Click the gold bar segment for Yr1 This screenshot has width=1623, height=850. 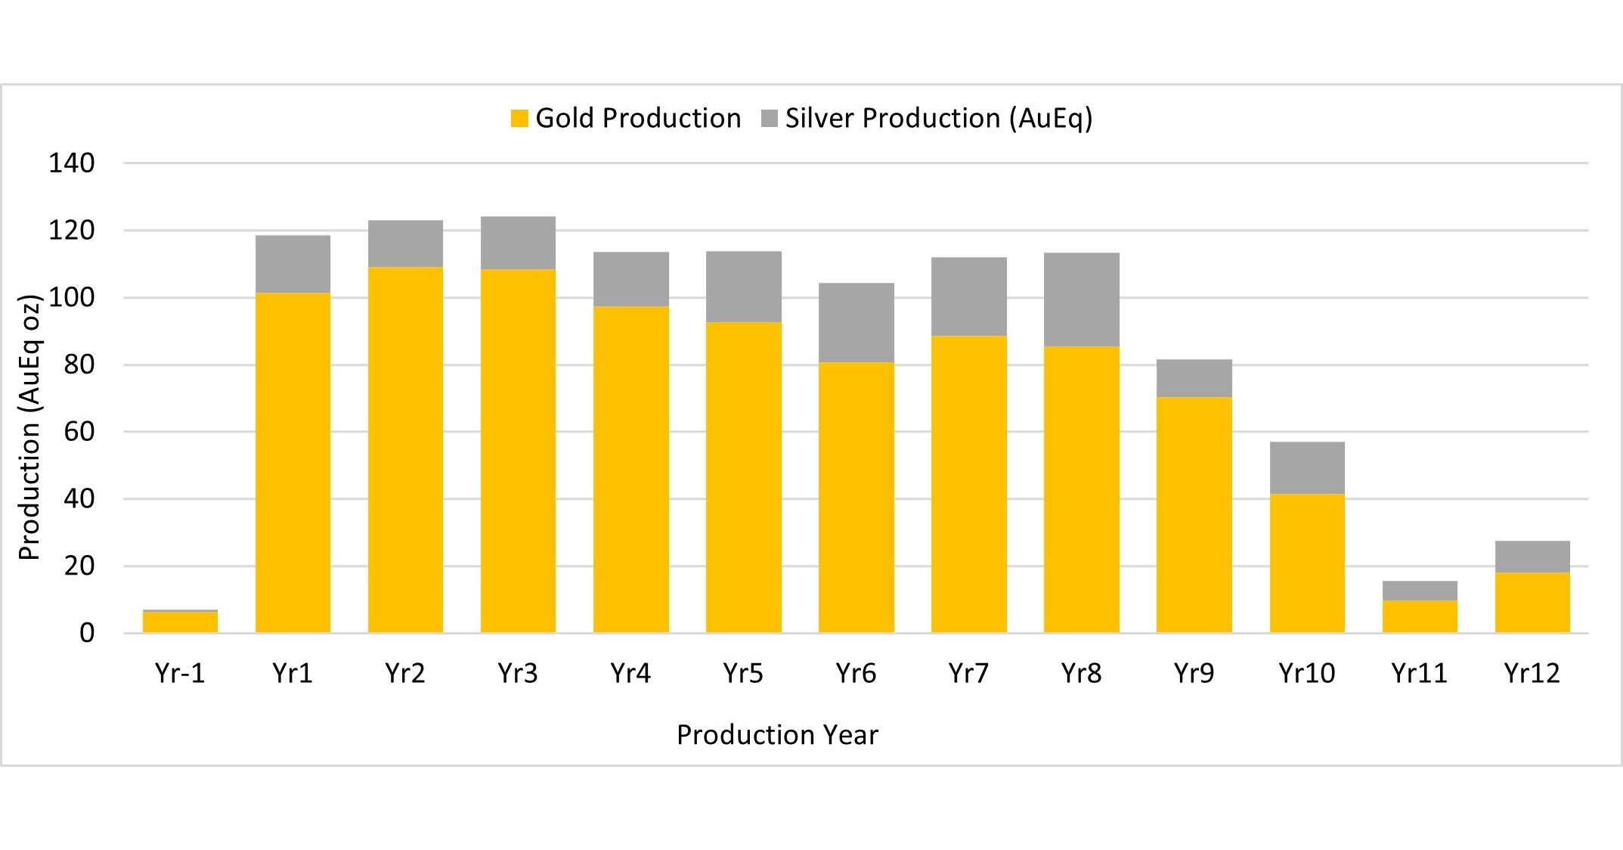coord(293,461)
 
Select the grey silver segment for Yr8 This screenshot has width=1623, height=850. coord(1081,299)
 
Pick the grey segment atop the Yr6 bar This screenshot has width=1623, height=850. coord(856,323)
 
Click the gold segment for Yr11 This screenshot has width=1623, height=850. coord(1419,616)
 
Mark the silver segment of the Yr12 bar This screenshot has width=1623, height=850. coord(1532,557)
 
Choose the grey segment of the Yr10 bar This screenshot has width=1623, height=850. coord(1306,467)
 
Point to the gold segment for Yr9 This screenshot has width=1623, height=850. coord(1194,514)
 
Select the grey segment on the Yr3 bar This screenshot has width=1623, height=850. coord(518,243)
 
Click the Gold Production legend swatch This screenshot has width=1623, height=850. coord(519,119)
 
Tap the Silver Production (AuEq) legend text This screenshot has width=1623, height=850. coord(938,119)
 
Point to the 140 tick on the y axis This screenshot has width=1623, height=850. coord(72,163)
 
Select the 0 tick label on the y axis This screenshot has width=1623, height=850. coord(87,633)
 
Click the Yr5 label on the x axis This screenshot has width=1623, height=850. coord(743,673)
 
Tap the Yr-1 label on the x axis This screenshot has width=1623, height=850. coord(180,673)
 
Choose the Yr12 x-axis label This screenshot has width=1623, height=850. coord(1532,673)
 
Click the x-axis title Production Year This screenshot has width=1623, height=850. coord(777,735)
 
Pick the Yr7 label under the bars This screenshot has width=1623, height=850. coord(968,673)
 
